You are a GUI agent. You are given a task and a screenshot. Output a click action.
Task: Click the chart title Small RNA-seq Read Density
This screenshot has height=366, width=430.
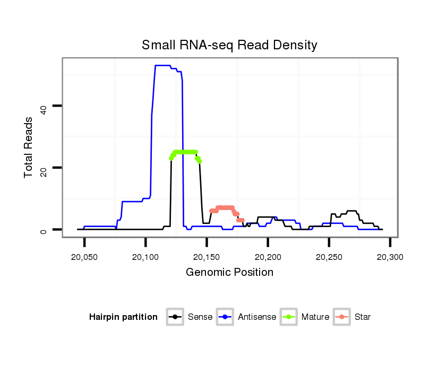tap(229, 45)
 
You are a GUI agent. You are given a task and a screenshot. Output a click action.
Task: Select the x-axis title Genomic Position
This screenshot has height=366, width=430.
tap(229, 273)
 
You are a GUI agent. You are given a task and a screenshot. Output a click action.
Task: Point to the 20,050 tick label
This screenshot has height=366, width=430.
tap(84, 257)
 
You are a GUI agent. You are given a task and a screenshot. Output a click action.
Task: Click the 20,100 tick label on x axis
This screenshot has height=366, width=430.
tap(145, 257)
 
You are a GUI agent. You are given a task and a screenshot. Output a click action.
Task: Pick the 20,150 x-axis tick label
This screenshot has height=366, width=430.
tap(207, 257)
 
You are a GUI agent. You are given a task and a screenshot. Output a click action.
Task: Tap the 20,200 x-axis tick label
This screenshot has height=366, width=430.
tap(268, 257)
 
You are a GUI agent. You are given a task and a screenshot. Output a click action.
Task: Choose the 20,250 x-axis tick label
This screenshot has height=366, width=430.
tap(329, 257)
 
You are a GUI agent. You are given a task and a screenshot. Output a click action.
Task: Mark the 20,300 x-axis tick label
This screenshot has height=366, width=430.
tap(390, 257)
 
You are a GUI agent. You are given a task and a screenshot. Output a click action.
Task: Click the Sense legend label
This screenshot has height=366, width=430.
tap(200, 317)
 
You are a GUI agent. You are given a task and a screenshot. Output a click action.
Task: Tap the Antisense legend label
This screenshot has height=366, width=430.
tap(257, 317)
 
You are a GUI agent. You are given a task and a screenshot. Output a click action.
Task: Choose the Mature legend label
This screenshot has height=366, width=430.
tap(315, 317)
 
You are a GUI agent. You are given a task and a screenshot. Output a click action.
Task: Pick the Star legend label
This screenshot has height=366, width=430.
tap(363, 317)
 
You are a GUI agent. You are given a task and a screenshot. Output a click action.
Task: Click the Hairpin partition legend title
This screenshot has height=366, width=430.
tap(124, 317)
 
